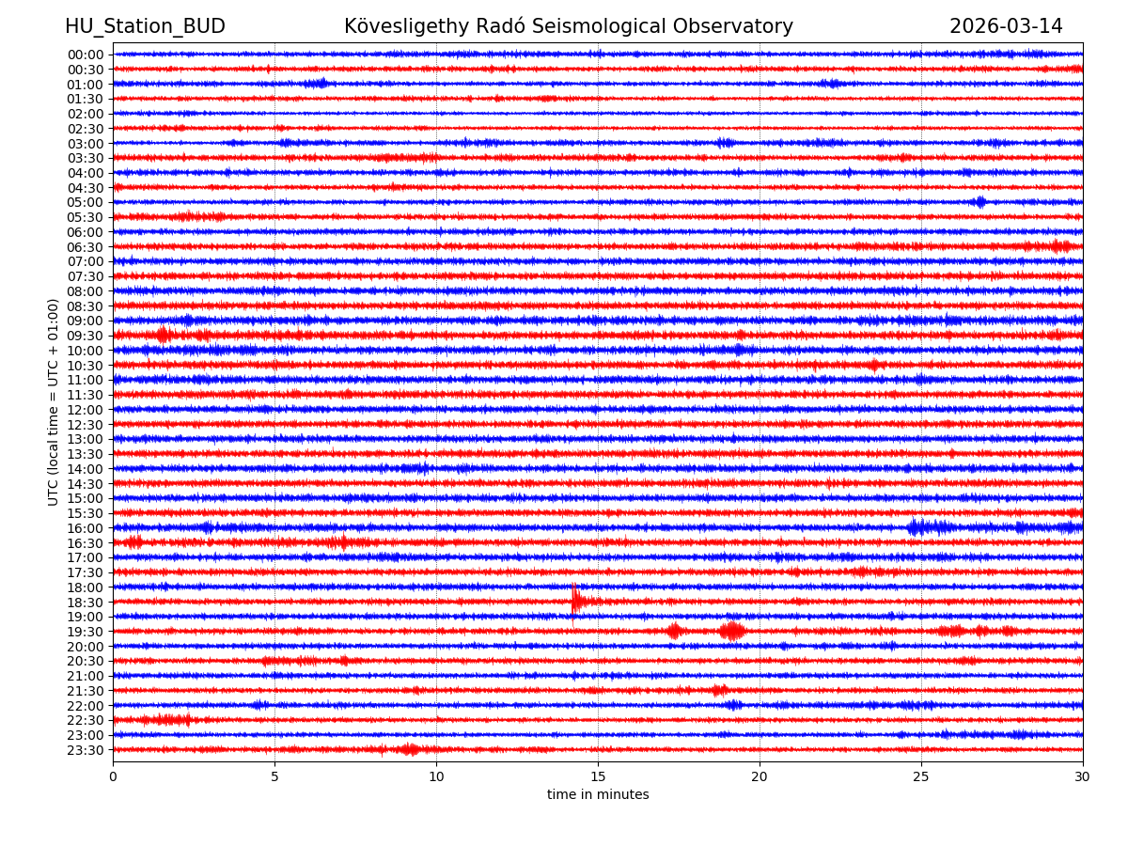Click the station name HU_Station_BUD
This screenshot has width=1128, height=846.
coord(145,26)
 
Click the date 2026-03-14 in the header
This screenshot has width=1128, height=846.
coord(1006,26)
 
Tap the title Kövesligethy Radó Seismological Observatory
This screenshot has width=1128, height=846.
coord(568,26)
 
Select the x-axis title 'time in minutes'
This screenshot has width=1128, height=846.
coord(598,795)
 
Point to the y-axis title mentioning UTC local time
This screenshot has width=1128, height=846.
coord(54,401)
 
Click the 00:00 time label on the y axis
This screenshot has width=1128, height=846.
coord(86,55)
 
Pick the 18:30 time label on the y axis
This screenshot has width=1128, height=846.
coord(86,603)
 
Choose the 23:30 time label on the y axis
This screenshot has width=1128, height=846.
coord(86,750)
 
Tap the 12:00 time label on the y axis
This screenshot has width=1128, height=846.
coord(86,410)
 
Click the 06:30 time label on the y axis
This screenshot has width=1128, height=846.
coord(86,247)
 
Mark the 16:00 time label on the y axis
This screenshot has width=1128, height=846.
coord(86,528)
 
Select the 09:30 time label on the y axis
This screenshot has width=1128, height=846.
coord(86,336)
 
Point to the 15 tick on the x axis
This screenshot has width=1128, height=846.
coord(598,777)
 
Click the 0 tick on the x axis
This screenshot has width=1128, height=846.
coord(113,777)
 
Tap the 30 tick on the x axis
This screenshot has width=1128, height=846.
coord(1083,777)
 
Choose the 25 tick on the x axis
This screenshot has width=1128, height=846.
coord(921,777)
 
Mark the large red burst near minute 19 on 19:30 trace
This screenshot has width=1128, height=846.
coord(731,631)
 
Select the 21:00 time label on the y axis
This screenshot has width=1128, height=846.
coord(86,676)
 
